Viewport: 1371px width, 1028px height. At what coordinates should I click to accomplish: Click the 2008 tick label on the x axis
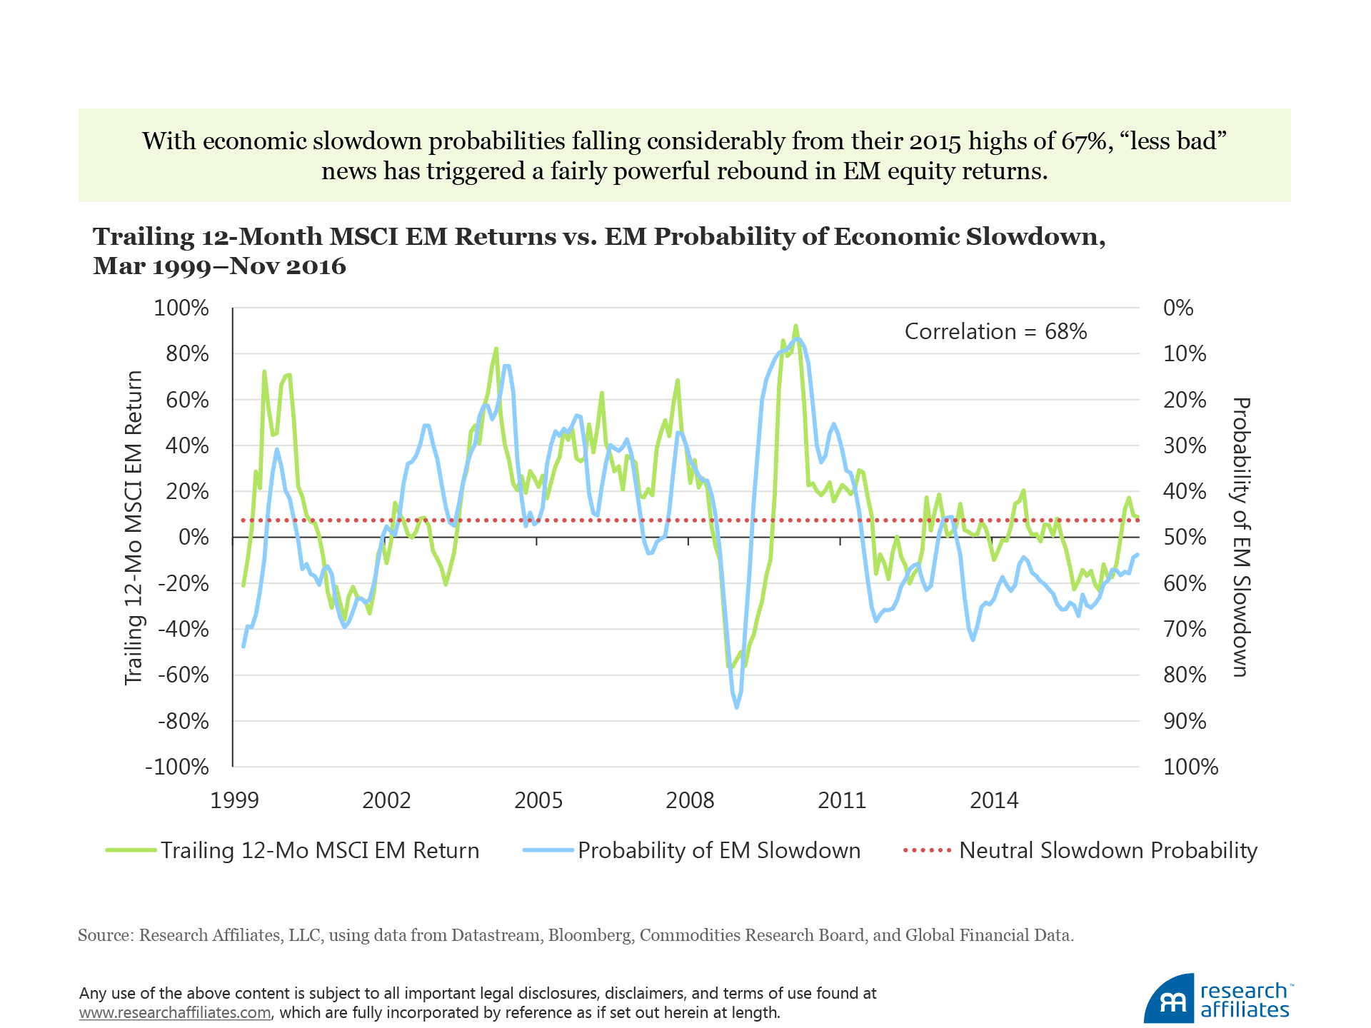click(690, 800)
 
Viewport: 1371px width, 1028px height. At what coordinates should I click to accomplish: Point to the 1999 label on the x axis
click(234, 800)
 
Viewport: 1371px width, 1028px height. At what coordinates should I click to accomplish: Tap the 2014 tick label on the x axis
click(993, 800)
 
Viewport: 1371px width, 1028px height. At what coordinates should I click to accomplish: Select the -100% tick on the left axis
click(177, 767)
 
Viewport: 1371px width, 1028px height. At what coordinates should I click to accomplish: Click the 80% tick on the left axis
click(187, 354)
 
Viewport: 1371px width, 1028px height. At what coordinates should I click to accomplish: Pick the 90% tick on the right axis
click(1185, 722)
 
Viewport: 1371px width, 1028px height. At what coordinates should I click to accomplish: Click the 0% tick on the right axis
click(1178, 308)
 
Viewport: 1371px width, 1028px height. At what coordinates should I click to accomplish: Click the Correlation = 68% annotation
click(995, 332)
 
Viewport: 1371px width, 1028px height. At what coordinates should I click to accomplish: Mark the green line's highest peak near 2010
click(796, 326)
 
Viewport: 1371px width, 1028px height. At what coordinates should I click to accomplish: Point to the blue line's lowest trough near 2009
click(737, 707)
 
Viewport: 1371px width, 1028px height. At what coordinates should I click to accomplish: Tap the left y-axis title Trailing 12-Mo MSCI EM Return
click(134, 528)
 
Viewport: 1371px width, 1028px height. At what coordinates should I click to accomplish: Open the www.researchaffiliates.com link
click(175, 1012)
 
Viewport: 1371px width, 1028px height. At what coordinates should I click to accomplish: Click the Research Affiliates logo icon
click(1170, 1000)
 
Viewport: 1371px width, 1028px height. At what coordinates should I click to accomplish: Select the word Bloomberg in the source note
click(589, 935)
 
